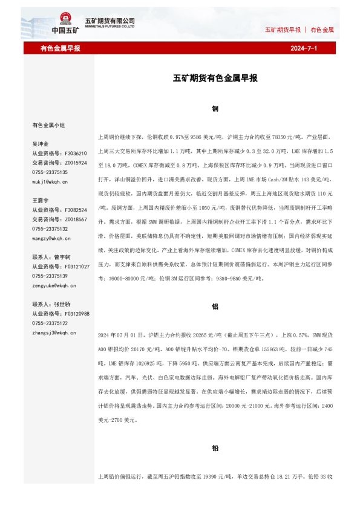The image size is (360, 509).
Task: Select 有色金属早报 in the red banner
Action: coord(61,48)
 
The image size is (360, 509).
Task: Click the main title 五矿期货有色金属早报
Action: coord(215,79)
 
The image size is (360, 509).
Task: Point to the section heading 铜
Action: coord(215,109)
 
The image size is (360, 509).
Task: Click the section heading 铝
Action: coord(215,306)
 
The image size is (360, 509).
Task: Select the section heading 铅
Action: coord(215,449)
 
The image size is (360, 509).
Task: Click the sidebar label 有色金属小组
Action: coord(48,125)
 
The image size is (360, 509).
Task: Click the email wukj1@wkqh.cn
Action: coord(50,181)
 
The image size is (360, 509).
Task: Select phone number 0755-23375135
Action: coord(50,172)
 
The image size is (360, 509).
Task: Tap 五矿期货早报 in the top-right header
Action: coord(283,29)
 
